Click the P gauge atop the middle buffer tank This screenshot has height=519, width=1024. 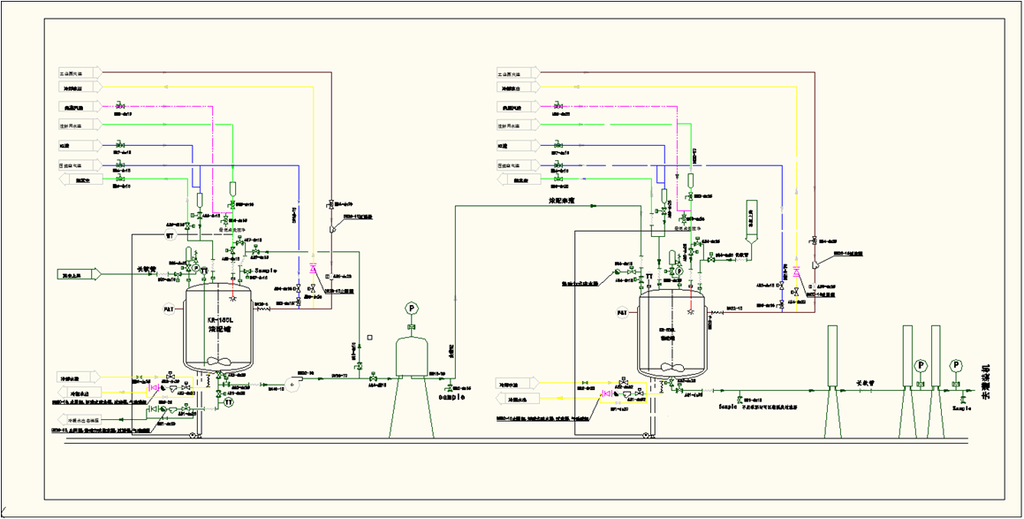pyautogui.click(x=411, y=308)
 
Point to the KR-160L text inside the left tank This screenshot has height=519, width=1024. pyautogui.click(x=218, y=320)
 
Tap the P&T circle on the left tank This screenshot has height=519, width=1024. pyautogui.click(x=170, y=309)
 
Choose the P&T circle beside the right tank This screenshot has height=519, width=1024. pyautogui.click(x=622, y=313)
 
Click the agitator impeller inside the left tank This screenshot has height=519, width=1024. pyautogui.click(x=217, y=362)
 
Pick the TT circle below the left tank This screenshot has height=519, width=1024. pyautogui.click(x=228, y=401)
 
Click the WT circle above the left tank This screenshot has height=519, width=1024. pyautogui.click(x=170, y=236)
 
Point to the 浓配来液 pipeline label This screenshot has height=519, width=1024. pyautogui.click(x=562, y=201)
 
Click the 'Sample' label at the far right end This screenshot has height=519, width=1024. pyautogui.click(x=962, y=408)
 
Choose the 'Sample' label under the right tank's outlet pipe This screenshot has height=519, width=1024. pyautogui.click(x=728, y=407)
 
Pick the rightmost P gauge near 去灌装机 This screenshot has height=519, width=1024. pyautogui.click(x=956, y=365)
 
